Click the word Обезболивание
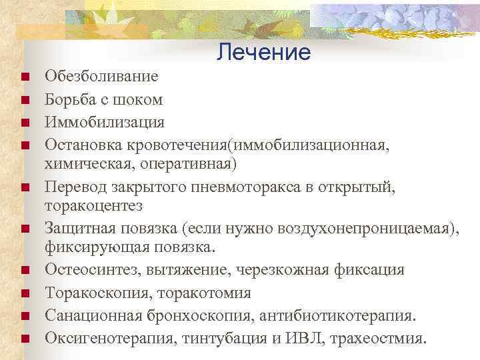(101, 76)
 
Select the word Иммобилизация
(104, 123)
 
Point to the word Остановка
(80, 145)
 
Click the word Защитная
(77, 229)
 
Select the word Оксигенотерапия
(99, 338)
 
